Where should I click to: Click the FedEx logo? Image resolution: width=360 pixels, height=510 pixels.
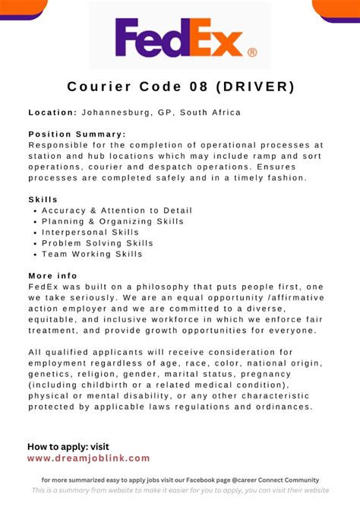coord(179,38)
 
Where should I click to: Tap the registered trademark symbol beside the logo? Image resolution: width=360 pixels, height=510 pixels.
coord(252,52)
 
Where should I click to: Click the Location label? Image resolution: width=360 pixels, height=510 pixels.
coord(52,112)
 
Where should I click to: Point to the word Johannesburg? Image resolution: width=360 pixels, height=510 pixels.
coord(117,112)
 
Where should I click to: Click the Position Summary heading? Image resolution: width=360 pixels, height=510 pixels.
coord(77,135)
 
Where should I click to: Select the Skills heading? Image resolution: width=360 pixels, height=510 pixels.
coord(43,199)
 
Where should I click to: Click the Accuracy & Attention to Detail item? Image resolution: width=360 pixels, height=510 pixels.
coord(117,211)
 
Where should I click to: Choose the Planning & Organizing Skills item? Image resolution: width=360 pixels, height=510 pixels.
coord(112,221)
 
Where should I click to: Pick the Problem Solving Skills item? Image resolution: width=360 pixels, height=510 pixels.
coord(97,243)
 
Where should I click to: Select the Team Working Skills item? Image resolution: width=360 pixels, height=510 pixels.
coord(92,254)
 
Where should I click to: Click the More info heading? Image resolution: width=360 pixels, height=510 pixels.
coord(52,276)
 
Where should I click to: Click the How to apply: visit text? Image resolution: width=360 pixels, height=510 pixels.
coord(68,446)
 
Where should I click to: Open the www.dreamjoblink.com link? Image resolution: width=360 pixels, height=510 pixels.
coord(88,458)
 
